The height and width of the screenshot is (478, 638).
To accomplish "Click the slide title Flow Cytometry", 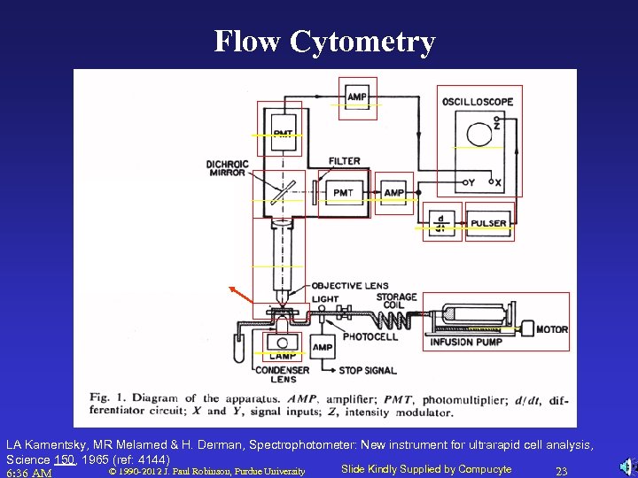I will pyautogui.click(x=324, y=42).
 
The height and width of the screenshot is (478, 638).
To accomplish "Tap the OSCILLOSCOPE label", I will pyautogui.click(x=477, y=102).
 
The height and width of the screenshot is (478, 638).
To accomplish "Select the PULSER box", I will pyautogui.click(x=489, y=223).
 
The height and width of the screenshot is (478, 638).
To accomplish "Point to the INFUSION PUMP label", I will pyautogui.click(x=466, y=343).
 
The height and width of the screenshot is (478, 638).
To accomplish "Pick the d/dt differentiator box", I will pyautogui.click(x=442, y=223).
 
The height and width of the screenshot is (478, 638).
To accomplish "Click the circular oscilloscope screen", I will pyautogui.click(x=479, y=135).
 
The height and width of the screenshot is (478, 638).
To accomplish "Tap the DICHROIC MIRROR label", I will pyautogui.click(x=227, y=168).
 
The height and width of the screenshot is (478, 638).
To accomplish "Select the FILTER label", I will pyautogui.click(x=345, y=161).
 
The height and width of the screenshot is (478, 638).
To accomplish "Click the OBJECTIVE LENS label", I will pyautogui.click(x=349, y=286).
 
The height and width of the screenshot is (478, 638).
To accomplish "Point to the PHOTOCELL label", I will pyautogui.click(x=370, y=336).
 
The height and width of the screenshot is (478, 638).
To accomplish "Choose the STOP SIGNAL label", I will pyautogui.click(x=367, y=370).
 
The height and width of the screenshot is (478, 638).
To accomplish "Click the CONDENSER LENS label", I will pyautogui.click(x=282, y=374).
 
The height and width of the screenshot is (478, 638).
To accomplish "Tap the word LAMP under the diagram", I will pyautogui.click(x=282, y=356).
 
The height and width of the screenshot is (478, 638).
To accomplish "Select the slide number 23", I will pyautogui.click(x=561, y=471).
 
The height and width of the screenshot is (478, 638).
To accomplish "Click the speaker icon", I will pyautogui.click(x=626, y=467).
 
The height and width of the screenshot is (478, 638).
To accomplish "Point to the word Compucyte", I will pyautogui.click(x=485, y=469).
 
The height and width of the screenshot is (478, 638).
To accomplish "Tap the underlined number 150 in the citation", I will pyautogui.click(x=64, y=459).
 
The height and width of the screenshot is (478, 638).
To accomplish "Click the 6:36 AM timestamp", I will pyautogui.click(x=29, y=472).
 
